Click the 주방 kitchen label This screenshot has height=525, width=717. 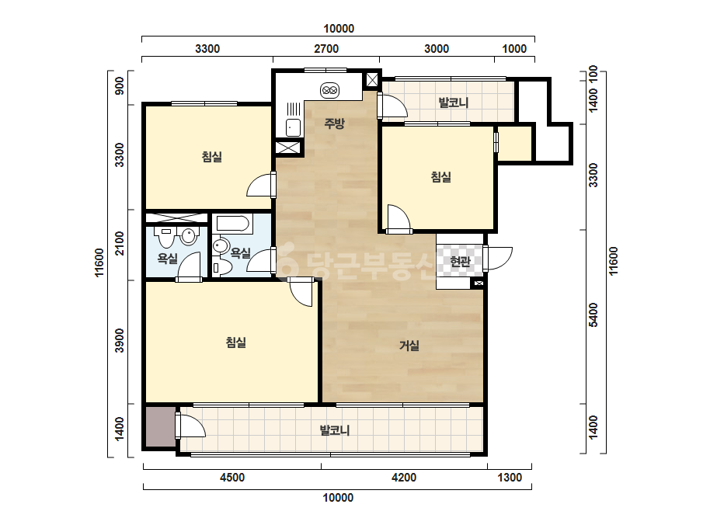click(x=334, y=123)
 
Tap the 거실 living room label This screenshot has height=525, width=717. click(x=409, y=346)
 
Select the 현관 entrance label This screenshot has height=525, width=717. click(x=460, y=261)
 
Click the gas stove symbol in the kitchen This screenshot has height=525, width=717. click(x=329, y=91)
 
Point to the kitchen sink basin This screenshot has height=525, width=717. click(x=293, y=127)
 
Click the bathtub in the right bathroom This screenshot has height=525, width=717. click(x=233, y=224)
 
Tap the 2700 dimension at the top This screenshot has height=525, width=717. click(x=326, y=48)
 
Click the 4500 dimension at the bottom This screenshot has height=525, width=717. click(x=232, y=478)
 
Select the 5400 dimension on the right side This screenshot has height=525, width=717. click(x=593, y=315)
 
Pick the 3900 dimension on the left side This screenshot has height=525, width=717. click(x=120, y=341)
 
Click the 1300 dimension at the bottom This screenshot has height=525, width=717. click(x=510, y=478)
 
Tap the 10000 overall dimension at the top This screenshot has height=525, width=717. click(x=339, y=29)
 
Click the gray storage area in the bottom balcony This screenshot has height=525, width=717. click(x=161, y=426)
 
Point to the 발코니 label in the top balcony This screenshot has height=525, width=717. click(x=454, y=102)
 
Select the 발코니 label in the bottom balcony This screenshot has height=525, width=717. click(x=335, y=430)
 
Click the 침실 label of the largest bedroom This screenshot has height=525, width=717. click(x=236, y=342)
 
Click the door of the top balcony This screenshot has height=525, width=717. click(x=392, y=106)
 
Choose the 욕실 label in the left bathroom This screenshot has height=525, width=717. click(x=167, y=259)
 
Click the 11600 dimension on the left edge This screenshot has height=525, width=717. click(x=99, y=262)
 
